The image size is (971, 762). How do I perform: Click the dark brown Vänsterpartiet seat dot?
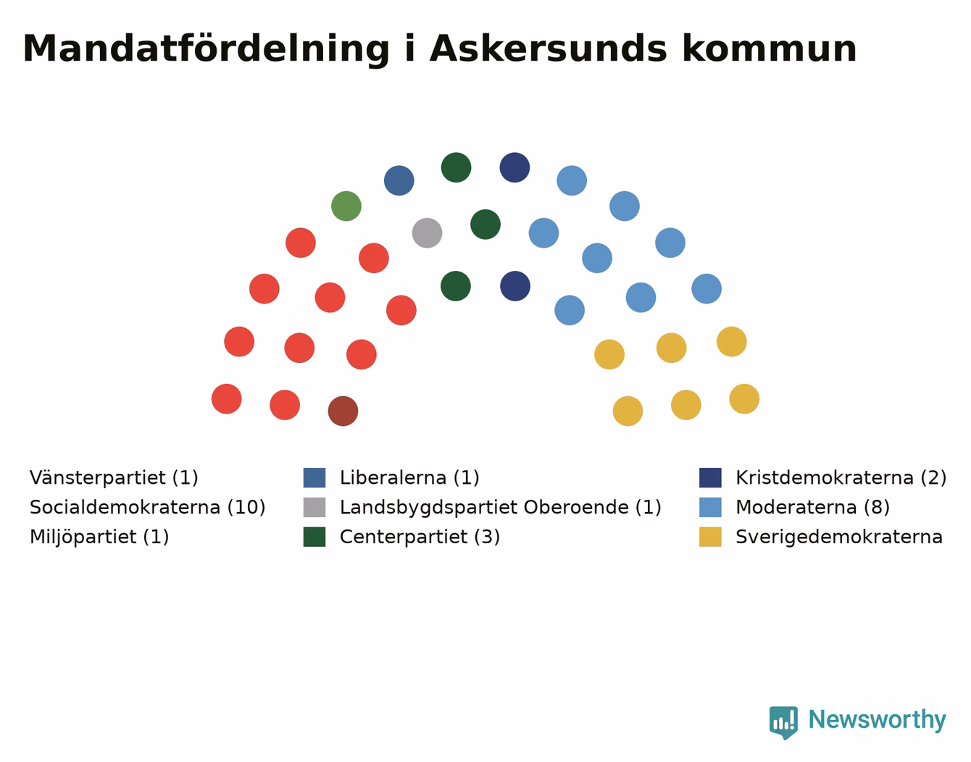(343, 411)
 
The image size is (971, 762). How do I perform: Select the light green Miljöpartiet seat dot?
(346, 206)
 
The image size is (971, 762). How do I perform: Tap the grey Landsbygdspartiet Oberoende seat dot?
(428, 233)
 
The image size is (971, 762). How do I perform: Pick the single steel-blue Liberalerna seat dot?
(399, 180)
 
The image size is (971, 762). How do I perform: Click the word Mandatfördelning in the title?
(206, 49)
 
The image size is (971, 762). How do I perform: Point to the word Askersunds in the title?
(549, 49)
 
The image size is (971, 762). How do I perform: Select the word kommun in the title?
(770, 49)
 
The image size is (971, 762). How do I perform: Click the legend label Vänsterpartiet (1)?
(114, 477)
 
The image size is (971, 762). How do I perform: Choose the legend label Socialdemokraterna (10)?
(147, 507)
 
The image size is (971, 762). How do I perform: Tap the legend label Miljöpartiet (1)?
(99, 537)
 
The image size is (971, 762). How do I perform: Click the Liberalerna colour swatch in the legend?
(314, 477)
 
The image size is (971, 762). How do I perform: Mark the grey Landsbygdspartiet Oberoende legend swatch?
(314, 507)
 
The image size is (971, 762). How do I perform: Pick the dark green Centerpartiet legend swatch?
(314, 537)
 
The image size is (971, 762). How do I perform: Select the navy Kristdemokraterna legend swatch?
(710, 477)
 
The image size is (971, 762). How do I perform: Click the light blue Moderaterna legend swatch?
(710, 507)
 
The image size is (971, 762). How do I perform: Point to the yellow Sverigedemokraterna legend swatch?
(710, 537)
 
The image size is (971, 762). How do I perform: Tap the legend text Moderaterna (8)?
(813, 507)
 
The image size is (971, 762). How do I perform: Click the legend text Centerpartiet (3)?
(420, 537)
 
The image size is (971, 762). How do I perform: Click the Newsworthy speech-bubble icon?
(783, 723)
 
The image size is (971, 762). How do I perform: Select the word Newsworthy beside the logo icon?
(878, 719)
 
